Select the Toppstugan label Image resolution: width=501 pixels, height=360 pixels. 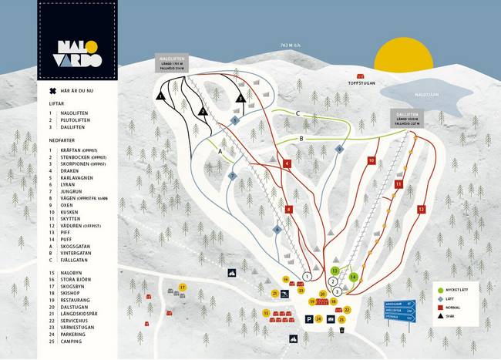coord(361,82)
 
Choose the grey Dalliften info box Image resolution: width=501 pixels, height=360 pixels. coord(406,116)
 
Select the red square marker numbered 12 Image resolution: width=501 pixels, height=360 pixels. coord(422,209)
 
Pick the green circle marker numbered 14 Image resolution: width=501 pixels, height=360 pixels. coord(353,276)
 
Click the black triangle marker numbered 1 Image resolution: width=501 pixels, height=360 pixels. coord(161,97)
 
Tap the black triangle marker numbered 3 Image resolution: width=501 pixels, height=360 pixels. coord(240,98)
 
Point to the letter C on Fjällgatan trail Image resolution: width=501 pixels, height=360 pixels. coord(297,113)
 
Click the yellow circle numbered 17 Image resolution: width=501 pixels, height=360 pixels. coord(183,288)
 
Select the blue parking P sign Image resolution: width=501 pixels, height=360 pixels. coord(309,318)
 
